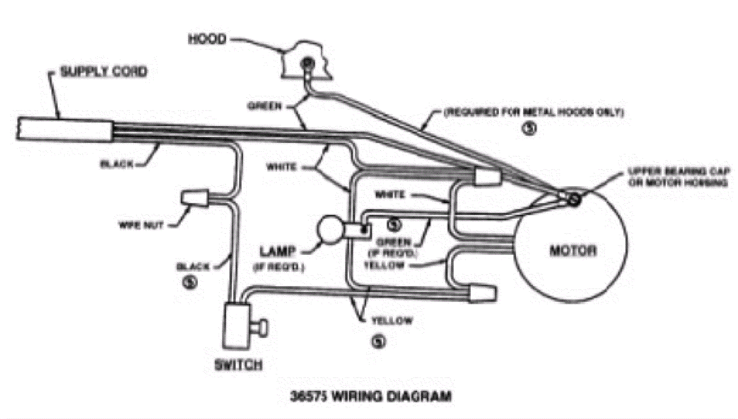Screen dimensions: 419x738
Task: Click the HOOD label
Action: point(207,39)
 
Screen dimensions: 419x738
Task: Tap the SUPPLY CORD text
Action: point(104,72)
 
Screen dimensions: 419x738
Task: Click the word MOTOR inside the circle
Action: point(572,251)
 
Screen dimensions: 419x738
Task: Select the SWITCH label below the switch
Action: point(239,366)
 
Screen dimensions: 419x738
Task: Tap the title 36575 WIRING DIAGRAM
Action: point(371,396)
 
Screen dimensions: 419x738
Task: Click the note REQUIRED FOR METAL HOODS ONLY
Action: point(533,112)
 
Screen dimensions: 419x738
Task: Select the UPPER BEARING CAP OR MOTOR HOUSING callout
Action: point(678,177)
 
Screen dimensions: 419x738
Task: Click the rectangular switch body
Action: point(236,325)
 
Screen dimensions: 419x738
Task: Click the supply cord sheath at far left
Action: point(65,129)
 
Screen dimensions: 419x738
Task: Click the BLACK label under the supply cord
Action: point(117,164)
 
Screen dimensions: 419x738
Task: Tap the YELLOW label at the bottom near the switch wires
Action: point(392,321)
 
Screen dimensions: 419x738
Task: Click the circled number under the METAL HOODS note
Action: point(529,129)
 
